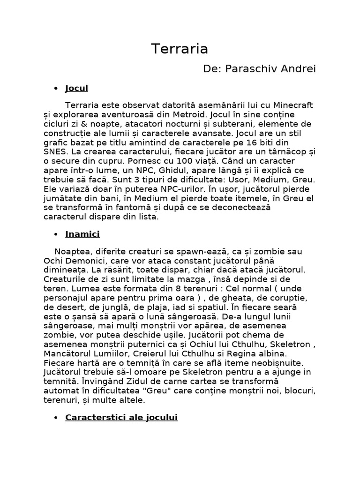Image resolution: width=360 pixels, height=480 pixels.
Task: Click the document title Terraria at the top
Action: point(180,49)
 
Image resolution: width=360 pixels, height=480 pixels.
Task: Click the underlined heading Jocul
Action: point(77,88)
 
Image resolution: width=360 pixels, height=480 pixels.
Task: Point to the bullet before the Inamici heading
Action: point(56,234)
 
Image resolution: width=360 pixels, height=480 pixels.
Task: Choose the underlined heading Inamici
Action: point(82,234)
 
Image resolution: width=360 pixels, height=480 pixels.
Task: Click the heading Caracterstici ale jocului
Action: point(121,417)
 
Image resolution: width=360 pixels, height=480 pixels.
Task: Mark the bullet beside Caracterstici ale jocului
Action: point(56,418)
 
